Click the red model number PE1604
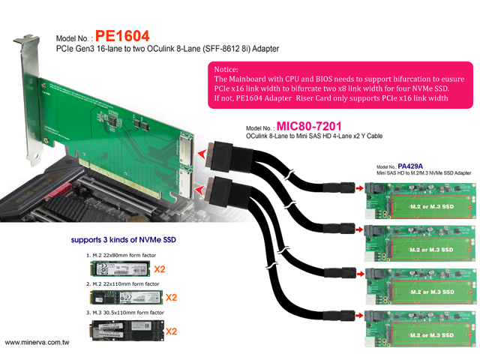click(122, 36)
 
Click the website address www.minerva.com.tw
click(43, 343)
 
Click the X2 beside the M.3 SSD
click(171, 331)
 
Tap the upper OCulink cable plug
click(223, 153)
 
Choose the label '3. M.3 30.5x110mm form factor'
click(126, 312)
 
